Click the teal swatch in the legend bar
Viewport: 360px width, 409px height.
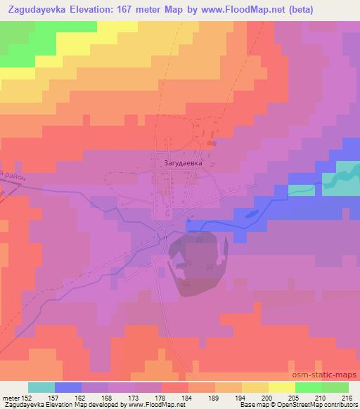(41, 387)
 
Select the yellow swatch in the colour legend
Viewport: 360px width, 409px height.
(281, 387)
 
